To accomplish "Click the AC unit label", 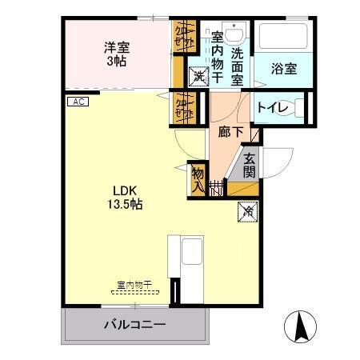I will pyautogui.click(x=78, y=102).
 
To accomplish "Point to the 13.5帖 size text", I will pyautogui.click(x=126, y=205).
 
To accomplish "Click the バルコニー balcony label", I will pyautogui.click(x=134, y=326).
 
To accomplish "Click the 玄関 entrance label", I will pyautogui.click(x=250, y=165).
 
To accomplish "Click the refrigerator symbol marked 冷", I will pyautogui.click(x=248, y=212).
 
